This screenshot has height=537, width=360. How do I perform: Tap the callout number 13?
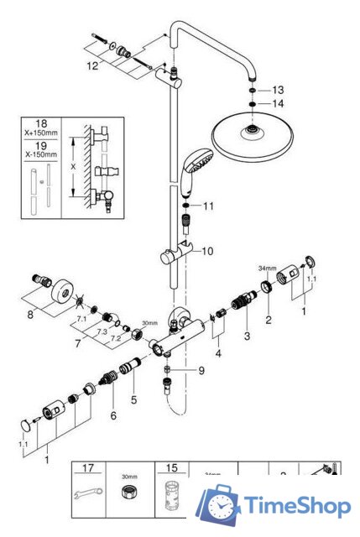(279, 89)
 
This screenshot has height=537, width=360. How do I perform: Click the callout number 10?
(207, 250)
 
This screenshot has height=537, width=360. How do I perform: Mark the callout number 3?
(247, 336)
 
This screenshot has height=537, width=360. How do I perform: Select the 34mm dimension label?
(264, 268)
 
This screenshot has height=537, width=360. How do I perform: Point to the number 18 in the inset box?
(39, 123)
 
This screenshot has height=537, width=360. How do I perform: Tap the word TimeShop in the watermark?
(297, 506)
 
